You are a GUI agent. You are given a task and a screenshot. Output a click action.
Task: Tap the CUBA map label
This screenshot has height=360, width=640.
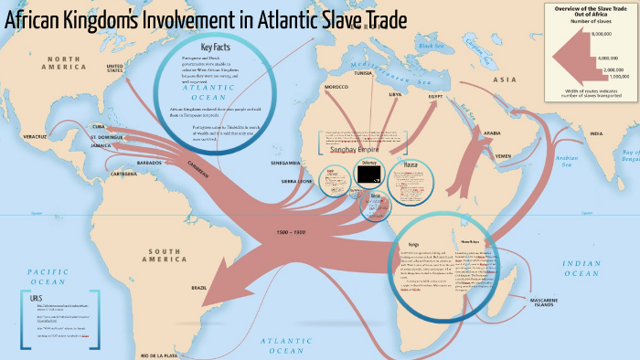pos(100,127)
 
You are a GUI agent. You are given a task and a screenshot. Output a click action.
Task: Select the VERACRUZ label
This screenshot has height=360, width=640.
pos(35,136)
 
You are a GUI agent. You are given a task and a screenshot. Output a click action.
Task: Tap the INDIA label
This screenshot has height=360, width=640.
pos(596,133)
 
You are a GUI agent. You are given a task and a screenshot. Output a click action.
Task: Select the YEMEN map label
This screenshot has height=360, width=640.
pos(503,156)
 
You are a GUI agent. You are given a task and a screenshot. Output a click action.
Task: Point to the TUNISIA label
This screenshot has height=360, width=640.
pos(363,71)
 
